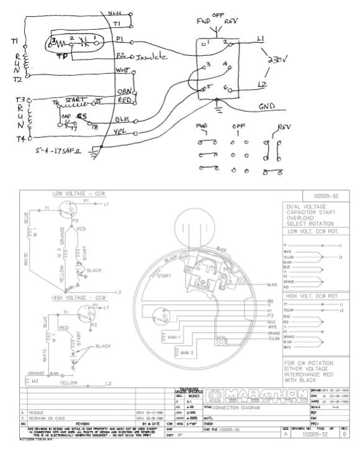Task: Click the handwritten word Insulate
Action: point(150,57)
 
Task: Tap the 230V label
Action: point(276,61)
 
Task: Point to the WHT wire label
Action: point(123,71)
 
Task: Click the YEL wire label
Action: point(122,132)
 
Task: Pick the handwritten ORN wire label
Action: point(124,91)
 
